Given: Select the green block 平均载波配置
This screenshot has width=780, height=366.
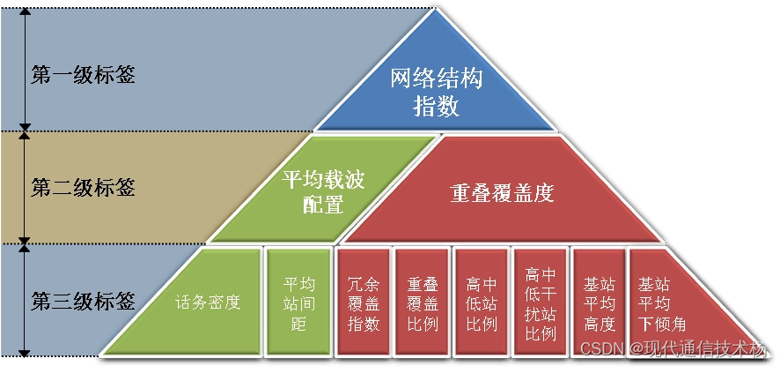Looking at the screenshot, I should tap(323, 190).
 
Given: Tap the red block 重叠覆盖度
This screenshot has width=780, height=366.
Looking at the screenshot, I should tap(502, 192).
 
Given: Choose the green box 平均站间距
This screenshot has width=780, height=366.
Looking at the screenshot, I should tap(298, 303).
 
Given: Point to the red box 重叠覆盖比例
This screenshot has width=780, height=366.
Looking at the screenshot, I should tap(423, 303).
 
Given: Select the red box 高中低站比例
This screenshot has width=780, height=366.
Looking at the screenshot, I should tap(482, 303).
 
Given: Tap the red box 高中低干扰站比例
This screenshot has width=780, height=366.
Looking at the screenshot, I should tap(541, 303).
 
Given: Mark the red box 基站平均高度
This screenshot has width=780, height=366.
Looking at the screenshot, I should tap(599, 303).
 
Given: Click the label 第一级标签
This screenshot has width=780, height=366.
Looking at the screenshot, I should tap(84, 74).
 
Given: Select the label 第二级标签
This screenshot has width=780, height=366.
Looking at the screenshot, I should tap(84, 187).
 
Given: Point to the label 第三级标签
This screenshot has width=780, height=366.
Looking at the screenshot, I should tap(84, 301).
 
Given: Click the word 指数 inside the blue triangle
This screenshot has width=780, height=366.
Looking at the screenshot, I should tap(437, 107).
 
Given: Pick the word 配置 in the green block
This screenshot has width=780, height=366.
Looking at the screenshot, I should tap(323, 205).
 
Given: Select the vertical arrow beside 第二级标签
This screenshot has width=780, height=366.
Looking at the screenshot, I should tap(26, 187).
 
